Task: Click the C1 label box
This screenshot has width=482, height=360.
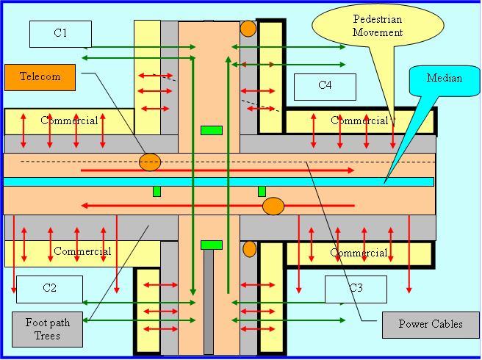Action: click(x=60, y=33)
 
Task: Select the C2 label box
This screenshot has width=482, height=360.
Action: click(x=49, y=288)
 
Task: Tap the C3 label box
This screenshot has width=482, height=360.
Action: click(x=356, y=288)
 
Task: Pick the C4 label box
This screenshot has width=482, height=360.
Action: click(x=325, y=86)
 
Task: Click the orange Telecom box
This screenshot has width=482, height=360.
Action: click(x=40, y=77)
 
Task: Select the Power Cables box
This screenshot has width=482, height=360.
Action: click(x=431, y=324)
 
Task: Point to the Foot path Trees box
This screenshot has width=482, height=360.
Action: click(x=48, y=329)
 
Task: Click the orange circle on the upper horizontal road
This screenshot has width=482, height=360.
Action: click(x=150, y=162)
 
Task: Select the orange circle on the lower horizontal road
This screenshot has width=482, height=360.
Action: click(x=273, y=206)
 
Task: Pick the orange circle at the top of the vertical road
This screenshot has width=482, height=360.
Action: click(x=248, y=29)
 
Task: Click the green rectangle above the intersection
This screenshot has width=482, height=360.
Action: click(x=212, y=131)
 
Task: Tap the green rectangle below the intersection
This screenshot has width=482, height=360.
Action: click(x=212, y=245)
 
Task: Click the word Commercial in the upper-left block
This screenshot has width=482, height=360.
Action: click(x=70, y=120)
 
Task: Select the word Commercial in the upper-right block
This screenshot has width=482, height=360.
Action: click(x=359, y=120)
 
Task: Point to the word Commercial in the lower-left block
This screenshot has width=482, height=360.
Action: click(x=82, y=251)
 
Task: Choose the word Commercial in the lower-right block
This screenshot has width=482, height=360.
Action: click(x=359, y=253)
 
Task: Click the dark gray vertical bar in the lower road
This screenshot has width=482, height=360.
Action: click(x=209, y=301)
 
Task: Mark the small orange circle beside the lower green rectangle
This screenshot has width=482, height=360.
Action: click(x=250, y=248)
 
